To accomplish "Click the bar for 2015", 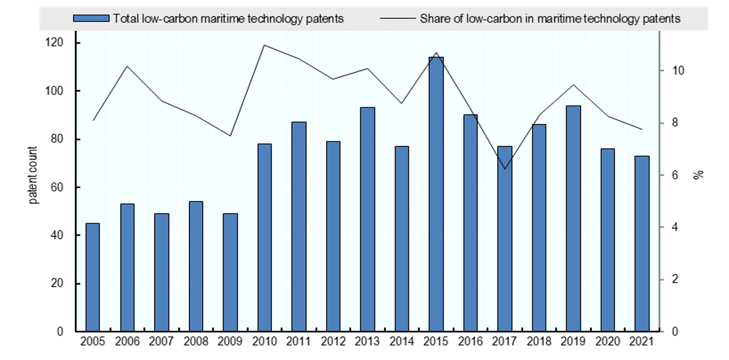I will coord(436,194).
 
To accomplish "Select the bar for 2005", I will coord(93,277).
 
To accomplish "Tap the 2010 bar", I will coord(264,238).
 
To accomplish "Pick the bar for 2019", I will coord(574,218).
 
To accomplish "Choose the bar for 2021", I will coord(642,243).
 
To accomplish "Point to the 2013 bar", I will coord(367,219).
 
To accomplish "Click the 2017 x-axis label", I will coord(504,341).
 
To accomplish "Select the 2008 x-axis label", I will coord(196,341).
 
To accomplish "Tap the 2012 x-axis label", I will coord(333,341).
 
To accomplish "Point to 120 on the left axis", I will coord(54,42).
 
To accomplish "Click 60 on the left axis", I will coord(57,187).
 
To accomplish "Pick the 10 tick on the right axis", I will coord(678,70).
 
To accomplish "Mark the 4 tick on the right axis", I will coord(675,227).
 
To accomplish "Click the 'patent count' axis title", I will coord(33,175).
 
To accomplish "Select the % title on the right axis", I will coord(699,175).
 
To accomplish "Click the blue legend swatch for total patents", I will coord(91,19).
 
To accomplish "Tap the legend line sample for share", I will coord(397,19).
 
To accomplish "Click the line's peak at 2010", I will coord(264,45).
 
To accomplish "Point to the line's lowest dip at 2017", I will coord(504,169).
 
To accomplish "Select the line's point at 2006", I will coord(127,66).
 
